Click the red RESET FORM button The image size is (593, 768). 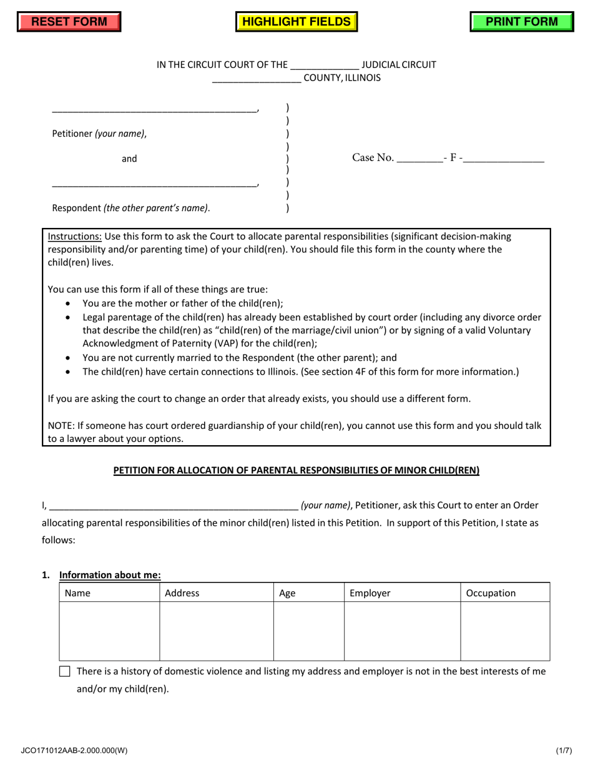tap(69, 22)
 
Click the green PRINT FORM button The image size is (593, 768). tap(522, 22)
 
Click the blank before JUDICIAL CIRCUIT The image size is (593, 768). tap(325, 65)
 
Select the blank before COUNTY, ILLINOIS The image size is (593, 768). tap(257, 79)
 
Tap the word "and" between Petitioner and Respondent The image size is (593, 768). tap(129, 159)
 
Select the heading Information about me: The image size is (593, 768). tap(110, 575)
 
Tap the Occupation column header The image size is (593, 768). tap(491, 593)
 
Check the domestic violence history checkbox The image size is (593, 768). tap(65, 672)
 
